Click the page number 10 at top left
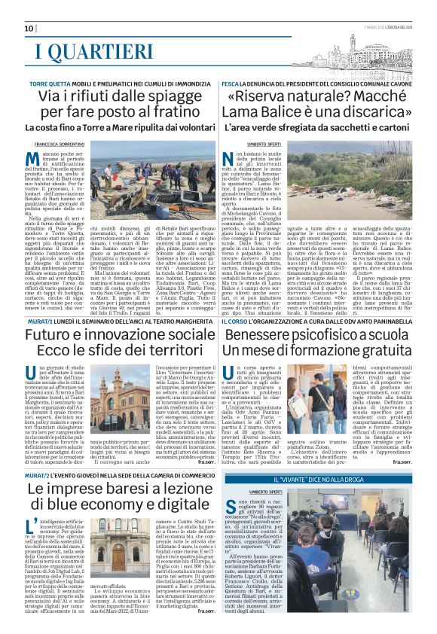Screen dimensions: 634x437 tap(29, 29)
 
